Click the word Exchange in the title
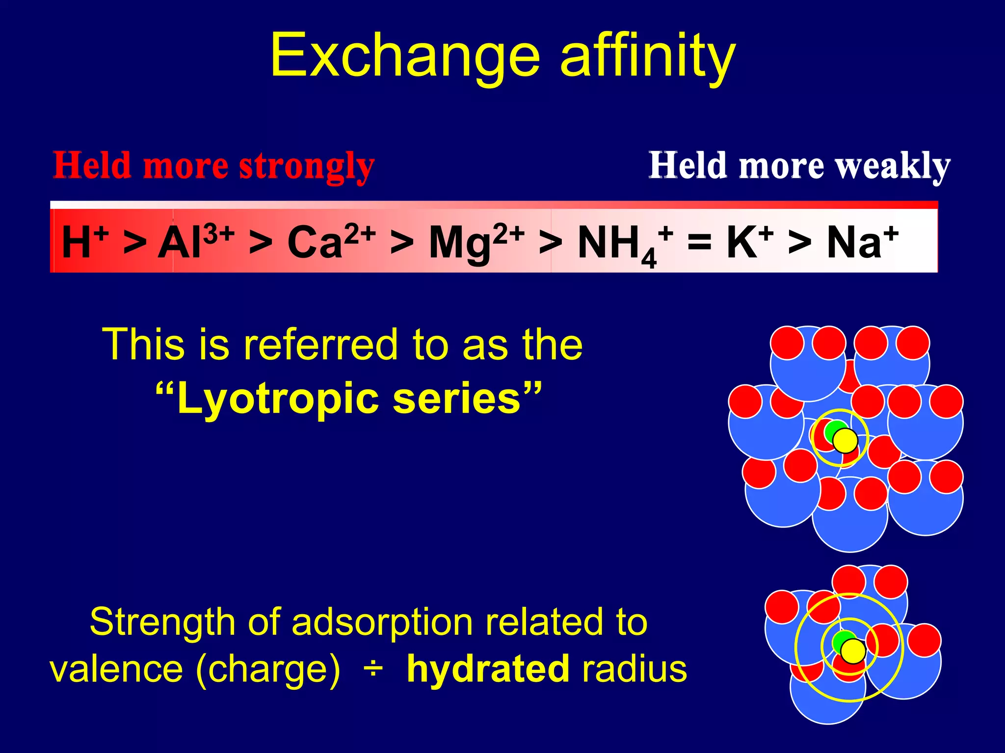tap(405, 55)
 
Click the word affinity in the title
tap(648, 55)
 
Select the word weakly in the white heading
tap(893, 166)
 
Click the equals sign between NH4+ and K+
tap(699, 241)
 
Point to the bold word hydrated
tap(488, 669)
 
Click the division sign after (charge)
tap(373, 669)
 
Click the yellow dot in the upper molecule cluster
tap(845, 440)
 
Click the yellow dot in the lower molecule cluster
tap(853, 651)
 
